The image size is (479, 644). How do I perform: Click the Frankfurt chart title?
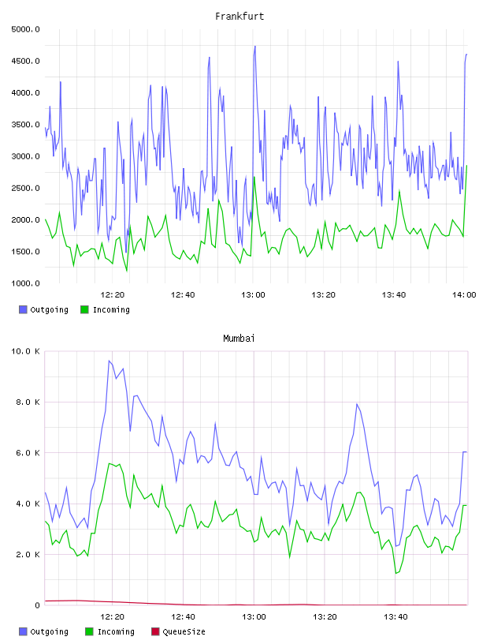coord(239,17)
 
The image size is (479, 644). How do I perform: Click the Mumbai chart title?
coord(239,339)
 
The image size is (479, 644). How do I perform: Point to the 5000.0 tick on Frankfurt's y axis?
coord(25,29)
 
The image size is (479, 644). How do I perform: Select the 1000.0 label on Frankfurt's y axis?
coord(25,283)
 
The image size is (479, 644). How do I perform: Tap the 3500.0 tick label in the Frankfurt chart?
coord(25,125)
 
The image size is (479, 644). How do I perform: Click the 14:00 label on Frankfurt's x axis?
coord(464,295)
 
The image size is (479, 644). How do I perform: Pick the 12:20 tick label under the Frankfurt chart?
coord(113,295)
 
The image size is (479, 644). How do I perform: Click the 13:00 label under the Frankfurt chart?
coord(253,295)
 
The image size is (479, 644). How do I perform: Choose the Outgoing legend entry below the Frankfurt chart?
coord(44,309)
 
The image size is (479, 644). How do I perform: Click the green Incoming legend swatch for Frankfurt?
coord(84,309)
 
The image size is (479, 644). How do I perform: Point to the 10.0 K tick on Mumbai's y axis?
coord(25,351)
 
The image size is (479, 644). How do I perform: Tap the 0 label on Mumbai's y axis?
coord(37,605)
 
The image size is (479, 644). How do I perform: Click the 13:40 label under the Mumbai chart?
coord(395,617)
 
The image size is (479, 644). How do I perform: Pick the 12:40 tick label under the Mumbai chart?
coord(183,617)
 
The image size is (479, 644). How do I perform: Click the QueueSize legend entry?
coord(178,631)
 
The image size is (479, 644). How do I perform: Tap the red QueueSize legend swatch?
coord(155,631)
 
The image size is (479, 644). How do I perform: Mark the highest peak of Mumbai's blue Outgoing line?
coord(109,361)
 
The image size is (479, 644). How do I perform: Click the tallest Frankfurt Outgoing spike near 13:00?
coord(254,47)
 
